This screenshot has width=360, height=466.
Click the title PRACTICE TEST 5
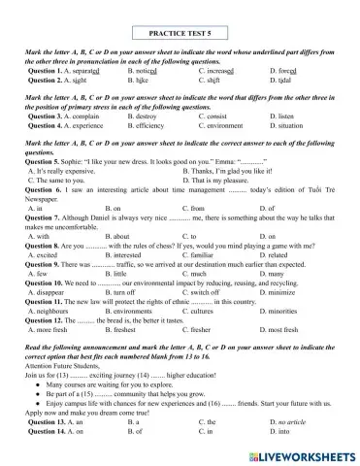click(x=180, y=30)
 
